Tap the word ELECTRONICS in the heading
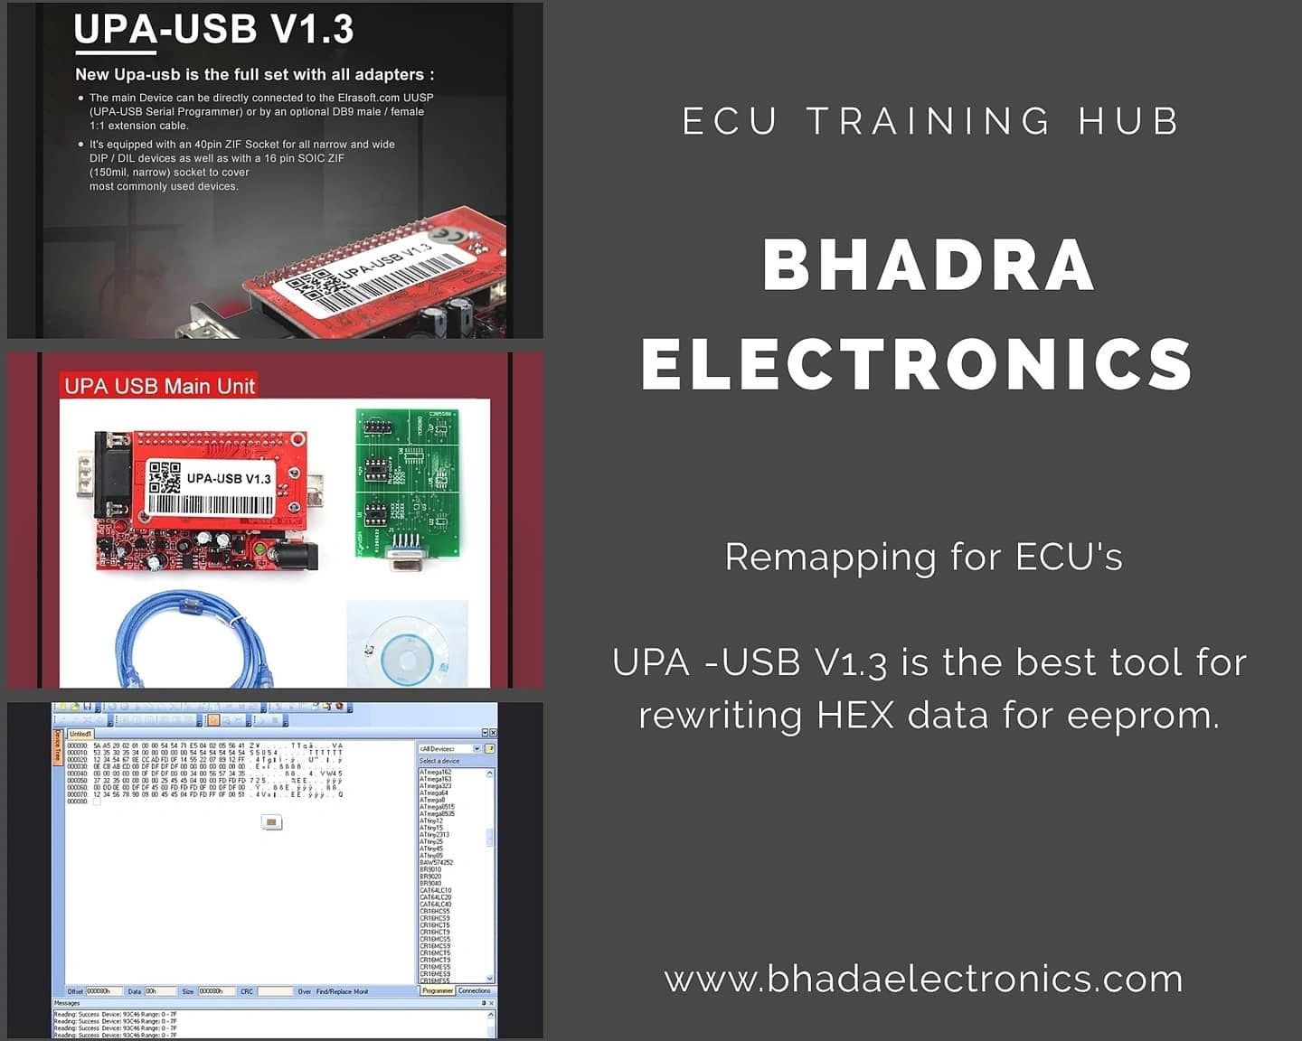pos(917,363)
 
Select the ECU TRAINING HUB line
pos(931,121)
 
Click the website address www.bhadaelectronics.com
pos(923,979)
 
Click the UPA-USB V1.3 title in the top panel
pos(213,30)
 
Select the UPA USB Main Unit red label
pos(159,386)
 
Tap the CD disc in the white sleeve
pos(408,647)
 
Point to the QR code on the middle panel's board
pos(165,477)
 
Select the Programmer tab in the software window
pos(438,991)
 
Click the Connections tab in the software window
pos(475,991)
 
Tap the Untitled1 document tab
pos(80,734)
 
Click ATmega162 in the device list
pos(435,773)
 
